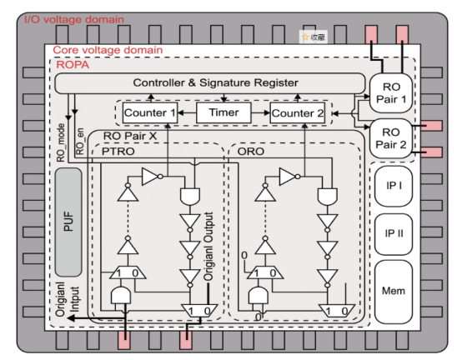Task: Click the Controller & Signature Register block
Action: click(210, 83)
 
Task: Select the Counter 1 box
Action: click(150, 112)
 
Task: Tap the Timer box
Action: click(223, 112)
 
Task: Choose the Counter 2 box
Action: click(298, 113)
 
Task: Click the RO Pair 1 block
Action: click(390, 93)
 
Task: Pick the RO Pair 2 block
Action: click(390, 138)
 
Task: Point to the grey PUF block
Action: click(68, 222)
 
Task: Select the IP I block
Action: click(394, 186)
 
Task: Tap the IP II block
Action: click(394, 234)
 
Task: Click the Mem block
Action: click(394, 292)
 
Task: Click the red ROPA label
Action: click(73, 65)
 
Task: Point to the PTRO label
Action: click(118, 152)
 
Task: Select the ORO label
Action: click(251, 152)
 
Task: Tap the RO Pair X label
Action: click(130, 136)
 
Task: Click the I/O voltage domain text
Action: click(74, 19)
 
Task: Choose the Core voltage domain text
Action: click(108, 50)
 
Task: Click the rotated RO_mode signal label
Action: click(60, 142)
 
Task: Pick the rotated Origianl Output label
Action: click(208, 247)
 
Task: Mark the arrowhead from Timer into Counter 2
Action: click(267, 112)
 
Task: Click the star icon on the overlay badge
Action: click(305, 37)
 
